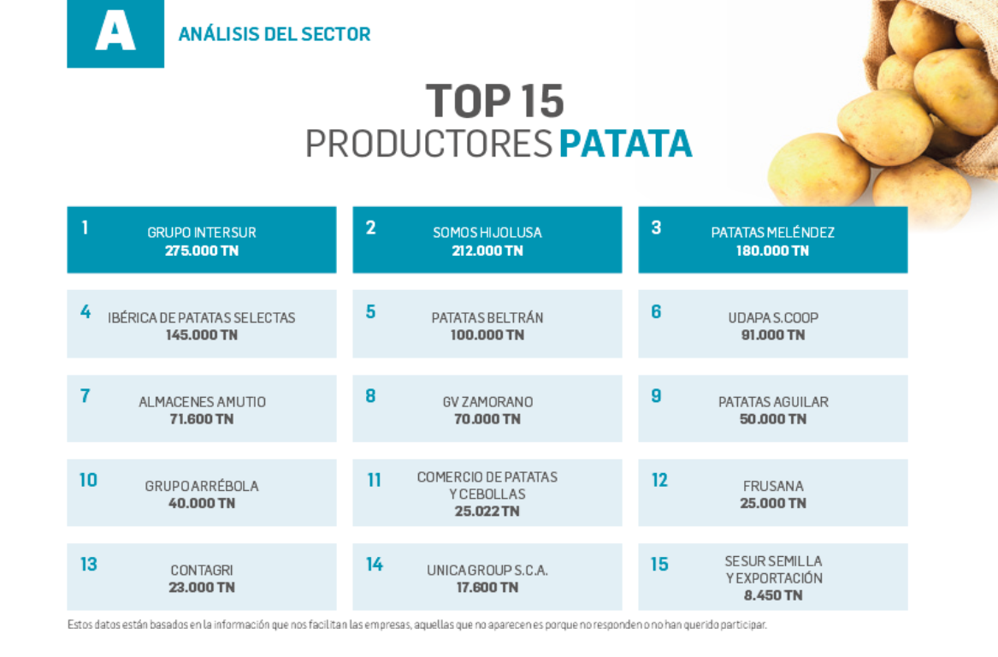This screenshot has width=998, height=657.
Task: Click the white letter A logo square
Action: point(115,33)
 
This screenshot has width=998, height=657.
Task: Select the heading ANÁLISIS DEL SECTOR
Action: point(275,35)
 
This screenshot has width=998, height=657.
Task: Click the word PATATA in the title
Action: point(625,144)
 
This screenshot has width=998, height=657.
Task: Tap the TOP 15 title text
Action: point(495,102)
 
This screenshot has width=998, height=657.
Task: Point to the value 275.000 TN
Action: point(202,251)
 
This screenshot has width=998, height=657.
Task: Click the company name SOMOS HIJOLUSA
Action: point(487,233)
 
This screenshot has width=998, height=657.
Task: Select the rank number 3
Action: point(656,228)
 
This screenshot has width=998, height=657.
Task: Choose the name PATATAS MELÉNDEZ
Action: point(773,233)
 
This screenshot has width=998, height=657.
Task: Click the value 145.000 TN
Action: point(202,334)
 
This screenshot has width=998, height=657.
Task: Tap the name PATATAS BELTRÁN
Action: point(487,317)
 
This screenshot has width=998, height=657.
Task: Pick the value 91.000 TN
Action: point(773,334)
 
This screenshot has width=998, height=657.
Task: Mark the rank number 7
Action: point(85,396)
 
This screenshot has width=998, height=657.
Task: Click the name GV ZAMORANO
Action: point(487,402)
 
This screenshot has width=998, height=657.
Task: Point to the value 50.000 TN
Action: point(773,419)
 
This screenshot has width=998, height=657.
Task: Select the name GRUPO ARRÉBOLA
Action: point(202,486)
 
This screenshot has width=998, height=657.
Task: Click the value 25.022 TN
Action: point(487,512)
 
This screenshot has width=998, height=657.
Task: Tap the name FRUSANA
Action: point(773,486)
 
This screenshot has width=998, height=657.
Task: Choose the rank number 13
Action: point(88,565)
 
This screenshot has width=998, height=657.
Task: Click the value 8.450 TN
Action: point(773,595)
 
